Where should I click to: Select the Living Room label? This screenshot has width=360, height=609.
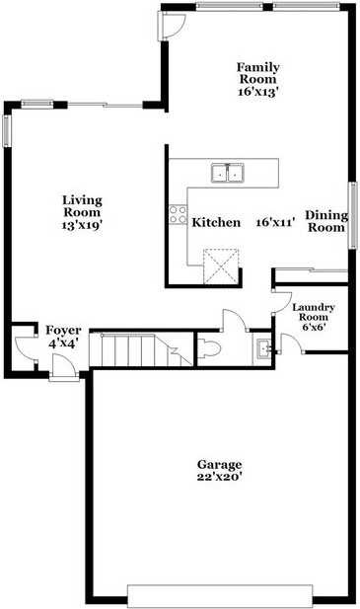coord(83,203)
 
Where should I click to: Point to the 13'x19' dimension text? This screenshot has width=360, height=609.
coord(83,224)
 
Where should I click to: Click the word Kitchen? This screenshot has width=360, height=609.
coord(216,222)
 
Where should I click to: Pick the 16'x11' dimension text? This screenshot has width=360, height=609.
coord(276,222)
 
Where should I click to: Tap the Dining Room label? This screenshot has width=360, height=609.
coord(324,221)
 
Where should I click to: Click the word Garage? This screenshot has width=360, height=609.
coord(219,464)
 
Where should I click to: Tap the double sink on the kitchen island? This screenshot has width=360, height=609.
coord(229,174)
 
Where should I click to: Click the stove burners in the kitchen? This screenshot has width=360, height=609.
coord(178,215)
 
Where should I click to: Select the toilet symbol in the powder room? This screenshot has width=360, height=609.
coord(211,347)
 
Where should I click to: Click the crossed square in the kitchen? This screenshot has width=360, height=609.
coord(221,265)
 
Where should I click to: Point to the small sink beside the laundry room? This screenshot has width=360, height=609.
coord(263,348)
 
